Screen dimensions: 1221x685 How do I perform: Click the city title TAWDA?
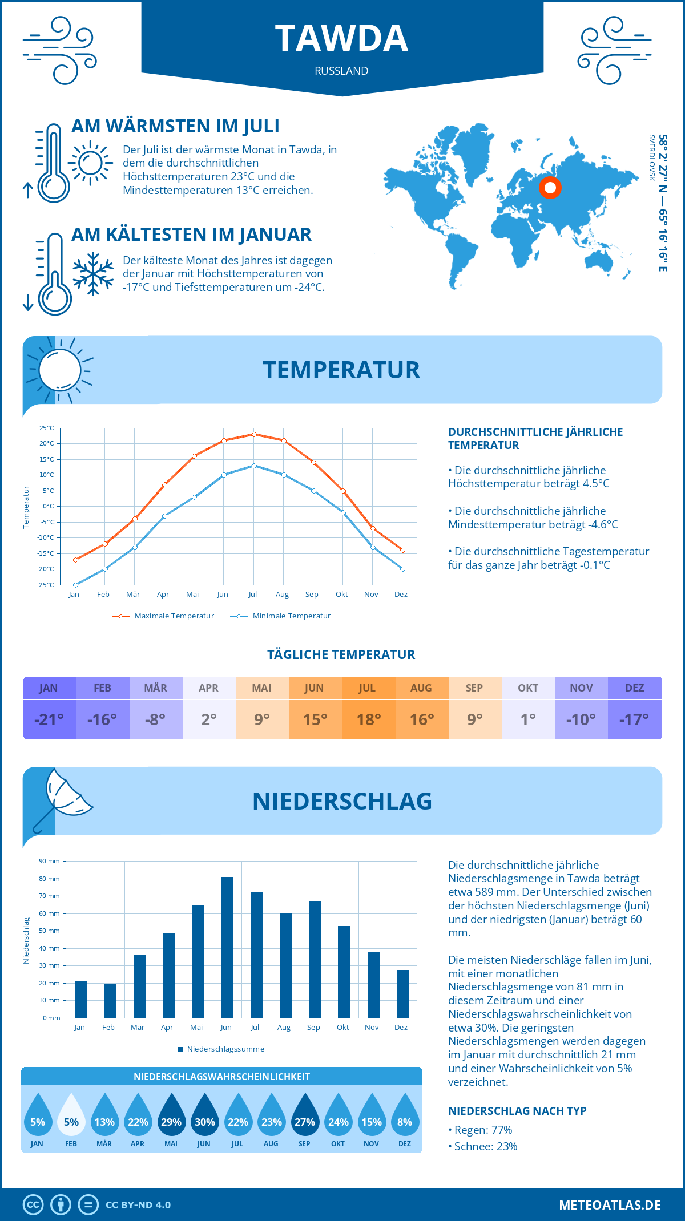pyautogui.click(x=341, y=39)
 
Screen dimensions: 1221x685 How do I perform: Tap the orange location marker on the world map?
pyautogui.click(x=550, y=187)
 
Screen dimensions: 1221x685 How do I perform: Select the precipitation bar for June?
pyautogui.click(x=227, y=947)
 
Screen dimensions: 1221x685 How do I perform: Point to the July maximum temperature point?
pyautogui.click(x=254, y=434)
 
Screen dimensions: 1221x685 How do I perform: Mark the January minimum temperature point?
pyautogui.click(x=75, y=585)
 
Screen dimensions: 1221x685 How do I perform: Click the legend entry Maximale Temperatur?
pyautogui.click(x=163, y=616)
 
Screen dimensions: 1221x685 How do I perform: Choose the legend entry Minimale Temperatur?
pyautogui.click(x=281, y=616)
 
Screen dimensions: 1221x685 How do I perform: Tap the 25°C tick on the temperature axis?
pyautogui.click(x=47, y=428)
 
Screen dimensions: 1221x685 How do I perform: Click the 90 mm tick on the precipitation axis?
pyautogui.click(x=50, y=861)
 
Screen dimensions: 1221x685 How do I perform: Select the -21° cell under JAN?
pyautogui.click(x=49, y=719)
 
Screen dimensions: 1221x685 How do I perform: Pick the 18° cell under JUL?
pyautogui.click(x=368, y=719)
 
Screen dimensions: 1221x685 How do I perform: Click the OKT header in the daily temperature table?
pyautogui.click(x=528, y=688)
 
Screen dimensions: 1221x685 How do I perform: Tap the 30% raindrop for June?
pyautogui.click(x=204, y=1118)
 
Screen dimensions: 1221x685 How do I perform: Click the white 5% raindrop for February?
pyautogui.click(x=71, y=1118)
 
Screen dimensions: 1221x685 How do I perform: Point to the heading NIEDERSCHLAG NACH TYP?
pyautogui.click(x=517, y=1111)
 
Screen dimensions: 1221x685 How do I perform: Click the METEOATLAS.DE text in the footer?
pyautogui.click(x=610, y=1205)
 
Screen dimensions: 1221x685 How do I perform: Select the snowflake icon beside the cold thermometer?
pyautogui.click(x=93, y=274)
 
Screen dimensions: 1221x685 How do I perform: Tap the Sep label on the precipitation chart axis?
pyautogui.click(x=313, y=1028)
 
